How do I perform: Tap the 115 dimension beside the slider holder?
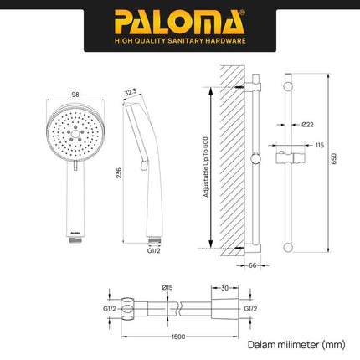tap(319, 146)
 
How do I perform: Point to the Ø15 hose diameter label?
tap(168, 288)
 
